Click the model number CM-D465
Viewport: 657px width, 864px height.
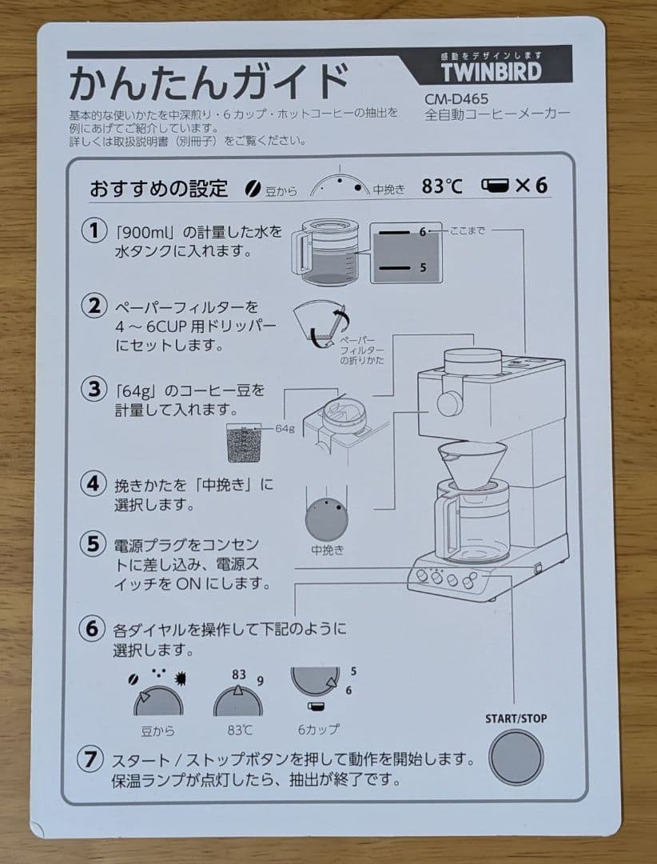click(x=456, y=99)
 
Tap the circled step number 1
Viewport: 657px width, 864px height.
click(x=94, y=231)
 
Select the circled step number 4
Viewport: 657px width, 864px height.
click(x=94, y=483)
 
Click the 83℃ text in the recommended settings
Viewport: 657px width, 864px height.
click(x=442, y=186)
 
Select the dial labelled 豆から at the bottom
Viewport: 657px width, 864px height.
click(x=157, y=702)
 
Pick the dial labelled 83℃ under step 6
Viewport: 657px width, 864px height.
click(x=237, y=702)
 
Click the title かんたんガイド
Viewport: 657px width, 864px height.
click(x=208, y=82)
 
